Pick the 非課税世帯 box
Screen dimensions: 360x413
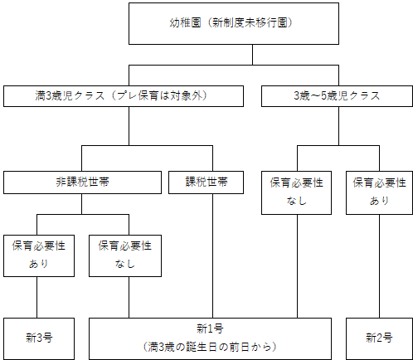pyautogui.click(x=81, y=182)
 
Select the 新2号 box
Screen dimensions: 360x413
pyautogui.click(x=378, y=338)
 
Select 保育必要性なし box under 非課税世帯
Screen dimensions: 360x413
pyautogui.click(x=125, y=254)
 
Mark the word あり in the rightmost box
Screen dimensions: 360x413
pyautogui.click(x=378, y=201)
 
